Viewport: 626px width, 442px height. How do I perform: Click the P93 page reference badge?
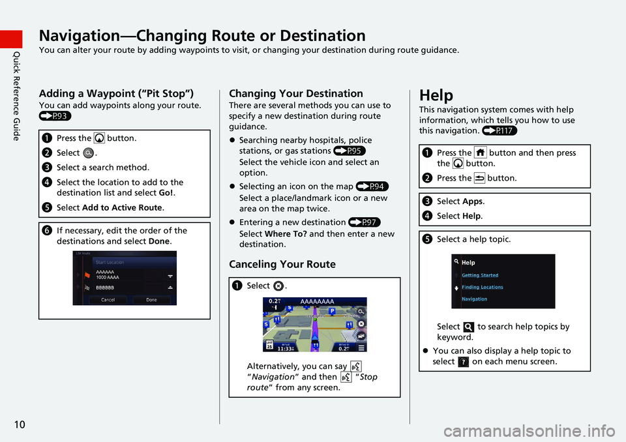pyautogui.click(x=55, y=116)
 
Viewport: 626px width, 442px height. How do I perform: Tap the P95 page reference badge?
pyautogui.click(x=349, y=151)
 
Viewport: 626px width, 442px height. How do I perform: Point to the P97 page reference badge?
pyautogui.click(x=365, y=223)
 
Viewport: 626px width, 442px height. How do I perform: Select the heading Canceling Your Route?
pyautogui.click(x=282, y=264)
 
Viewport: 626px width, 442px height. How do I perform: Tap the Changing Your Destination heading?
pyautogui.click(x=296, y=93)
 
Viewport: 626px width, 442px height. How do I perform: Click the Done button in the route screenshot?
pyautogui.click(x=151, y=300)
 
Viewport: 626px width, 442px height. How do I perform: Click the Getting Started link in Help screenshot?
pyautogui.click(x=480, y=275)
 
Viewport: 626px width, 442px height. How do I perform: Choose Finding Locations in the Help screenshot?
pyautogui.click(x=482, y=287)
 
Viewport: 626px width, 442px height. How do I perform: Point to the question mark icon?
pyautogui.click(x=463, y=362)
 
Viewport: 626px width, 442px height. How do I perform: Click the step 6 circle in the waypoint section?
pyautogui.click(x=48, y=231)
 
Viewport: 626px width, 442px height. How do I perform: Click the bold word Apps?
pyautogui.click(x=475, y=202)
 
